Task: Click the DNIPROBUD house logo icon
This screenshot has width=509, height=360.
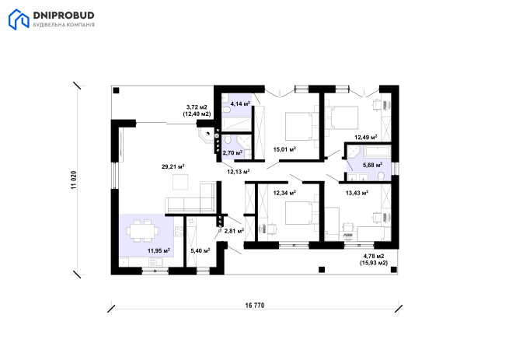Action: pyautogui.click(x=19, y=19)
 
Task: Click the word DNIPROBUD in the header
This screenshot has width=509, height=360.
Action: pyautogui.click(x=64, y=16)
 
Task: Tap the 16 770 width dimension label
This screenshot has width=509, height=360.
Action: pyautogui.click(x=255, y=306)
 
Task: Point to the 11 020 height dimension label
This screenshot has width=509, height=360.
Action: pyautogui.click(x=74, y=180)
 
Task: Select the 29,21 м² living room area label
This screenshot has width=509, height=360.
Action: pyautogui.click(x=173, y=166)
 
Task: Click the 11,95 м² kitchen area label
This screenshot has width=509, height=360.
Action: pyautogui.click(x=159, y=250)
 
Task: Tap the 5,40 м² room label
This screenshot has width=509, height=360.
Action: pyautogui.click(x=200, y=250)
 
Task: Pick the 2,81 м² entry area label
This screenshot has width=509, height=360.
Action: pyautogui.click(x=234, y=231)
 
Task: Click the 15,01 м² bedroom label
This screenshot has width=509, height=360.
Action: pyautogui.click(x=284, y=149)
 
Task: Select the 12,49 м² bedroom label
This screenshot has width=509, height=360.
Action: pyautogui.click(x=366, y=138)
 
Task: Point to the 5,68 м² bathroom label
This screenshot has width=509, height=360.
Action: pyautogui.click(x=372, y=165)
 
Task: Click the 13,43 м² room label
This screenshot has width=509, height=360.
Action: pyautogui.click(x=357, y=194)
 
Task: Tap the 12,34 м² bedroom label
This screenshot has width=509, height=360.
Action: pyautogui.click(x=284, y=193)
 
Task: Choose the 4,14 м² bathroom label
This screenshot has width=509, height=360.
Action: pyautogui.click(x=240, y=104)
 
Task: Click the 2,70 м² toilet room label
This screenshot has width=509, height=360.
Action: pyautogui.click(x=233, y=152)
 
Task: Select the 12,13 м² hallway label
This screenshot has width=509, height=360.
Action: pyautogui.click(x=239, y=172)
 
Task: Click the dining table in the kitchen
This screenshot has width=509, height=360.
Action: pyautogui.click(x=143, y=231)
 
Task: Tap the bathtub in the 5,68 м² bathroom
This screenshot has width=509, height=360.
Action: pyautogui.click(x=377, y=151)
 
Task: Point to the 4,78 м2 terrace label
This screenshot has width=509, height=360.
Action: pyautogui.click(x=374, y=256)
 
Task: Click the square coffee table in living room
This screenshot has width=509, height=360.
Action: pyautogui.click(x=180, y=182)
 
